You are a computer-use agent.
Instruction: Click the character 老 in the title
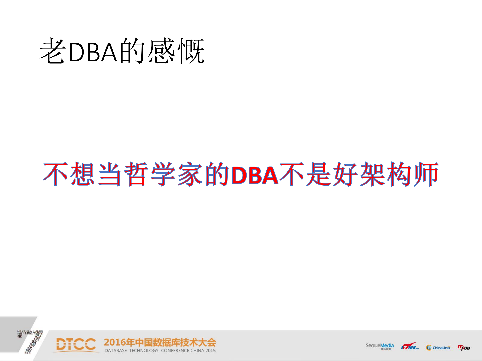pyautogui.click(x=52, y=51)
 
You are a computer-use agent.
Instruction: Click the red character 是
pyautogui.click(x=318, y=174)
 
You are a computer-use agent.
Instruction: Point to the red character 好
pyautogui.click(x=345, y=174)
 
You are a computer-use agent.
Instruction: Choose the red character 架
pyautogui.click(x=372, y=174)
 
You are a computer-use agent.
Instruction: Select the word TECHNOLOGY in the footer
pyautogui.click(x=144, y=351)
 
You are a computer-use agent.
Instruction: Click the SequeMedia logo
pyautogui.click(x=380, y=346)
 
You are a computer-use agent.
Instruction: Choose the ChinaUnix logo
pyautogui.click(x=438, y=347)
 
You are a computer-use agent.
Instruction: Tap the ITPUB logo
pyautogui.click(x=464, y=347)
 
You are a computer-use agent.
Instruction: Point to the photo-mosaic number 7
pyautogui.click(x=31, y=341)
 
